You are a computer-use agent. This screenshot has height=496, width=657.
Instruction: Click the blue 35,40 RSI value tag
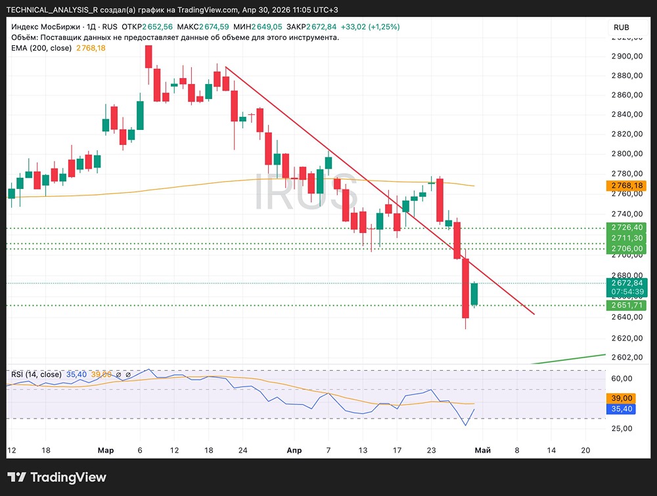coord(621,409)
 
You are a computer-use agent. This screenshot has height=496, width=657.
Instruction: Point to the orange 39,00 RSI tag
coord(621,398)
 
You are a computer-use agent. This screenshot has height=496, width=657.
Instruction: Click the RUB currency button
coord(621,27)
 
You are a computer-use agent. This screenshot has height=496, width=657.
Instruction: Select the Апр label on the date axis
coord(294,450)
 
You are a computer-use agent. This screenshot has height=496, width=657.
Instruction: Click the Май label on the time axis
coord(482,450)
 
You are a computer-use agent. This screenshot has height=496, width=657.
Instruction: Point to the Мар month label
coord(105,450)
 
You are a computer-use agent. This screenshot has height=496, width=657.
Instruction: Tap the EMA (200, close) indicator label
coord(41,48)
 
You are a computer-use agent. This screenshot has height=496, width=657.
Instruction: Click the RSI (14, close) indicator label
coord(36,375)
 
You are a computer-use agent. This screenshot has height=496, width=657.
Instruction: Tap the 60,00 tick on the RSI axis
coord(621,379)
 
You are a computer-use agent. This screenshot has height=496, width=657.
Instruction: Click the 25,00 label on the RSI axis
coord(621,428)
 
